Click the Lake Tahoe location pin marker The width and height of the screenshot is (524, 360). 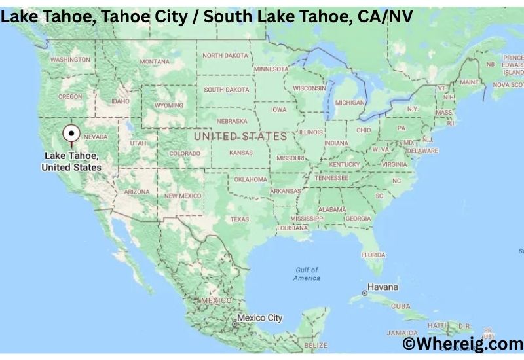[x=71, y=134]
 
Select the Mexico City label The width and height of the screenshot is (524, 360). [x=259, y=318]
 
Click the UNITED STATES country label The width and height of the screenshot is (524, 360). [x=240, y=136]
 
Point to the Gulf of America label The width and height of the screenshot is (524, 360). [x=307, y=274]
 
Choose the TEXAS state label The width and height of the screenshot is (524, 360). [x=239, y=219]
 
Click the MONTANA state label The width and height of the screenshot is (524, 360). [x=154, y=62]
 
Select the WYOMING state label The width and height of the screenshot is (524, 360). [x=168, y=105]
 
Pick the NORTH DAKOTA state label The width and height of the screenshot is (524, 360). [x=225, y=56]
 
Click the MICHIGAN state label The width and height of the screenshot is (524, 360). [x=349, y=103]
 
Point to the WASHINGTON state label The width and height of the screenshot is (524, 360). [x=70, y=60]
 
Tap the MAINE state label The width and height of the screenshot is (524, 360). [x=469, y=82]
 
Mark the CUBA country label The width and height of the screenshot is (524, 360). [x=400, y=306]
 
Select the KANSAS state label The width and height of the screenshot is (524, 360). [x=241, y=153]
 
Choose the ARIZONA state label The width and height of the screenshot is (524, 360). [x=137, y=191]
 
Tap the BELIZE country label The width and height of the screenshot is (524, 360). [x=316, y=345]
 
